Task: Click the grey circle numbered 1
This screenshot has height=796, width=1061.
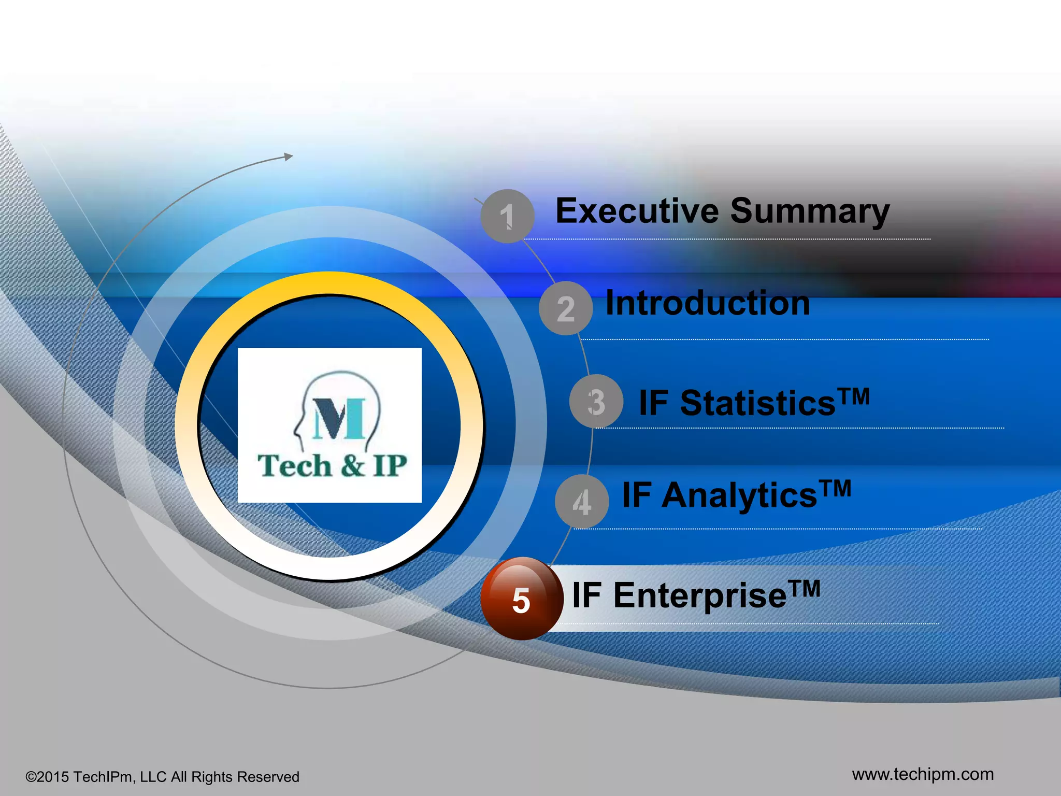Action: pos(507,216)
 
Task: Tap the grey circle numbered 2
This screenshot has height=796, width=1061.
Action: pos(566,308)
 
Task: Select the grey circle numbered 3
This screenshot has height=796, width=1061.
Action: pos(596,402)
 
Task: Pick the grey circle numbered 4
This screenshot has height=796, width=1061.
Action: pos(582,502)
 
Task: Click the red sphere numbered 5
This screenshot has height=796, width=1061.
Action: pos(521,599)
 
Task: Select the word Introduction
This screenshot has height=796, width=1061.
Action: pos(708,303)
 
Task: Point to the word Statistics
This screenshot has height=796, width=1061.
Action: pos(757,403)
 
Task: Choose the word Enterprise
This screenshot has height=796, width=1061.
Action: pos(699,595)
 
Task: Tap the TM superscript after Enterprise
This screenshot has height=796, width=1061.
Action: pos(805,589)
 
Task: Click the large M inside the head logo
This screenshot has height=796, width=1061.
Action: pos(339,419)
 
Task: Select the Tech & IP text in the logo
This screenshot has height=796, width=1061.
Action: pos(332,465)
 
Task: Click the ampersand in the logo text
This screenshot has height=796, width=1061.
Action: pos(352,465)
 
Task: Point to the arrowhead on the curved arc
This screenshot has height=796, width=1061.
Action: pos(289,157)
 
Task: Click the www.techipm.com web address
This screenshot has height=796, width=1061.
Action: pos(923,774)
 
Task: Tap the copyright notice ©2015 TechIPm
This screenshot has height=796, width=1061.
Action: pos(162,777)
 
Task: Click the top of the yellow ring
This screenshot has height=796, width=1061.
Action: pos(329,282)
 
